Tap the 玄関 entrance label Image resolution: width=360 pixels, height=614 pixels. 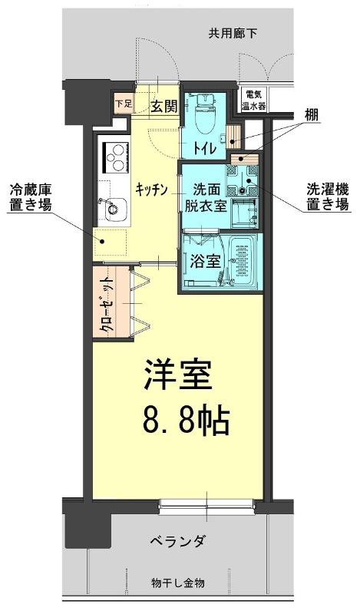click(x=164, y=105)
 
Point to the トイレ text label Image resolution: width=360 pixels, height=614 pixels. click(x=203, y=148)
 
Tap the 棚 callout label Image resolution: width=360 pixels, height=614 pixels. click(x=312, y=115)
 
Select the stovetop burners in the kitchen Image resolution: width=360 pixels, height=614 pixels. click(x=116, y=157)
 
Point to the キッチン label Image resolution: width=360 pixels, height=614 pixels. click(x=152, y=190)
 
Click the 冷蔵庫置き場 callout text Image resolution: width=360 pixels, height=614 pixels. click(x=30, y=198)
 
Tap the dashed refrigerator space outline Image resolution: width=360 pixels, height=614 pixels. click(x=110, y=242)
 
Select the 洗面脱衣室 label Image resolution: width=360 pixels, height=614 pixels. click(x=206, y=197)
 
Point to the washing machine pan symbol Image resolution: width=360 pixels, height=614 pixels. click(x=242, y=180)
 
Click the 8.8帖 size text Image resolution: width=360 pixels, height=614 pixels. click(x=186, y=420)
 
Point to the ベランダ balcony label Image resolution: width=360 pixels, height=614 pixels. click(x=177, y=542)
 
